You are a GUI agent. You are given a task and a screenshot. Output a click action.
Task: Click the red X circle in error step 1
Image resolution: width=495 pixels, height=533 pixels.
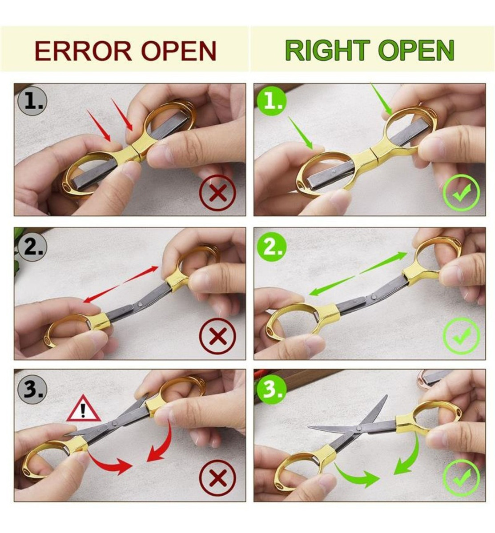pyautogui.click(x=217, y=192)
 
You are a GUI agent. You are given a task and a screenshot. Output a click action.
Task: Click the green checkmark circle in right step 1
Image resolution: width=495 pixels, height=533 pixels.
pyautogui.click(x=461, y=193)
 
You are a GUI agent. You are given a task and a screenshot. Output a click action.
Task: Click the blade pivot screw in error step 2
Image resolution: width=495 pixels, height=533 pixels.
pyautogui.click(x=140, y=304)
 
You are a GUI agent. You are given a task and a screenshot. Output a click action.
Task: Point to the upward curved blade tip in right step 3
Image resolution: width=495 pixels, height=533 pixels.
pyautogui.click(x=386, y=396)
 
